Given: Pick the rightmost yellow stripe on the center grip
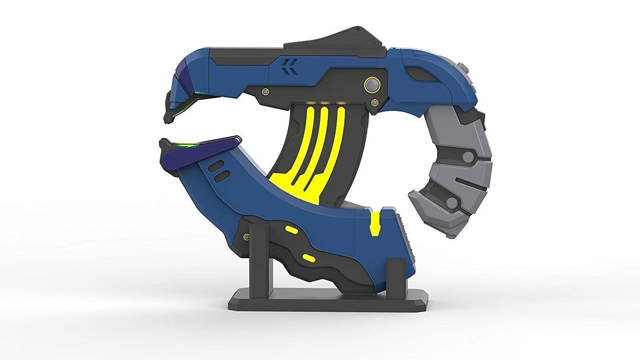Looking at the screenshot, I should click(x=339, y=141).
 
